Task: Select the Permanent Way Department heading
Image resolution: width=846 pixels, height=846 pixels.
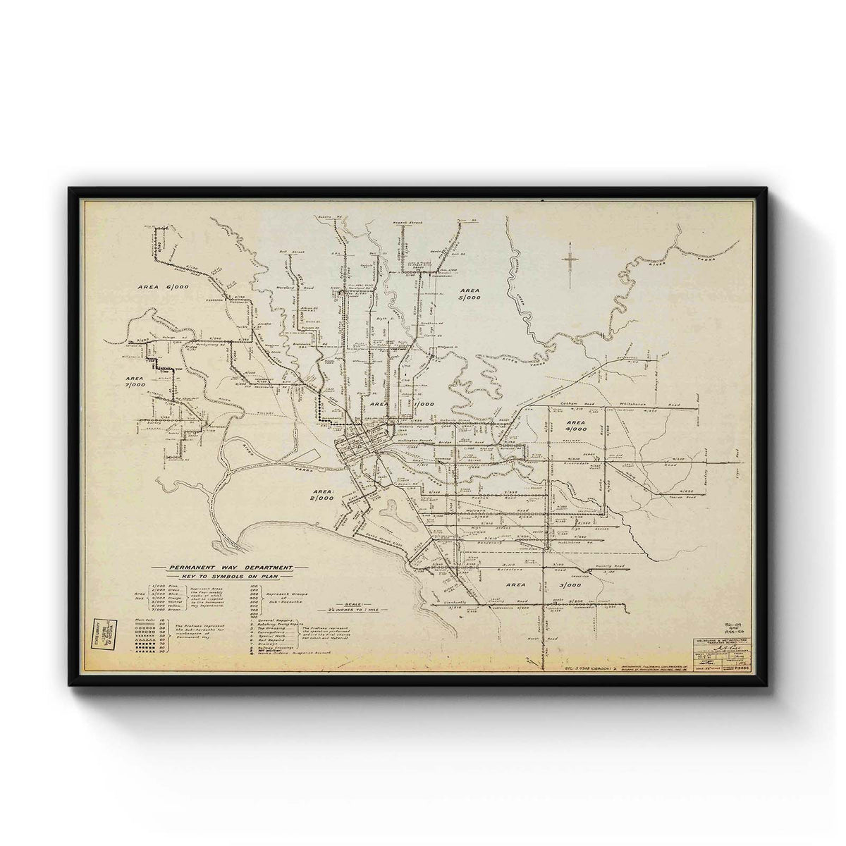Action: (x=226, y=567)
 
